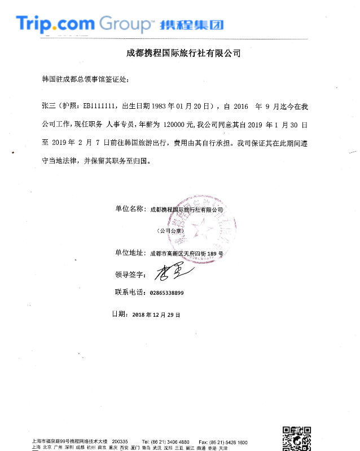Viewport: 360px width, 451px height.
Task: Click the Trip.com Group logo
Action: [85, 24]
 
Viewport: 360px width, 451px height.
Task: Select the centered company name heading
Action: [183, 54]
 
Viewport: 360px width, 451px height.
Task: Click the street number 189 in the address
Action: [212, 254]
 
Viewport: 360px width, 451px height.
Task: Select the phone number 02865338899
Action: [167, 293]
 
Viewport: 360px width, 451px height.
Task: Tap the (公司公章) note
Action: [170, 231]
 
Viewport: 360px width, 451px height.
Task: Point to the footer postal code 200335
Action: [120, 441]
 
